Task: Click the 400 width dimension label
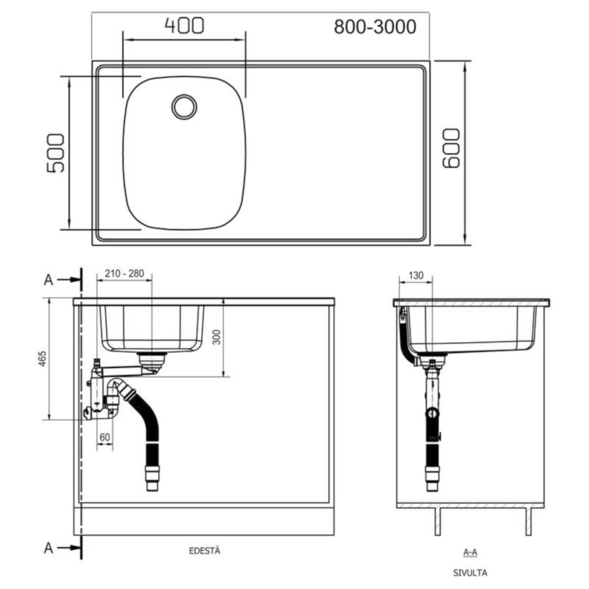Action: click(x=184, y=26)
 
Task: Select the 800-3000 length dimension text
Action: click(x=375, y=27)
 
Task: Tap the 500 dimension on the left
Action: click(x=55, y=153)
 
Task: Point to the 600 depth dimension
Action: click(x=451, y=149)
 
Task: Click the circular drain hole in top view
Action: click(x=185, y=106)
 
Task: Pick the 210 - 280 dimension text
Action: click(x=125, y=273)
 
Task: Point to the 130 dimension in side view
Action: click(x=416, y=276)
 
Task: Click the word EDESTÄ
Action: click(x=205, y=551)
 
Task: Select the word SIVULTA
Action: click(x=470, y=573)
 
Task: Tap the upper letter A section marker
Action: click(x=48, y=280)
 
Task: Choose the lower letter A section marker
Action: click(x=48, y=548)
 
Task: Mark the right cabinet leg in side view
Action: click(x=529, y=521)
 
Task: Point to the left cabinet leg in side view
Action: click(x=437, y=521)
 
